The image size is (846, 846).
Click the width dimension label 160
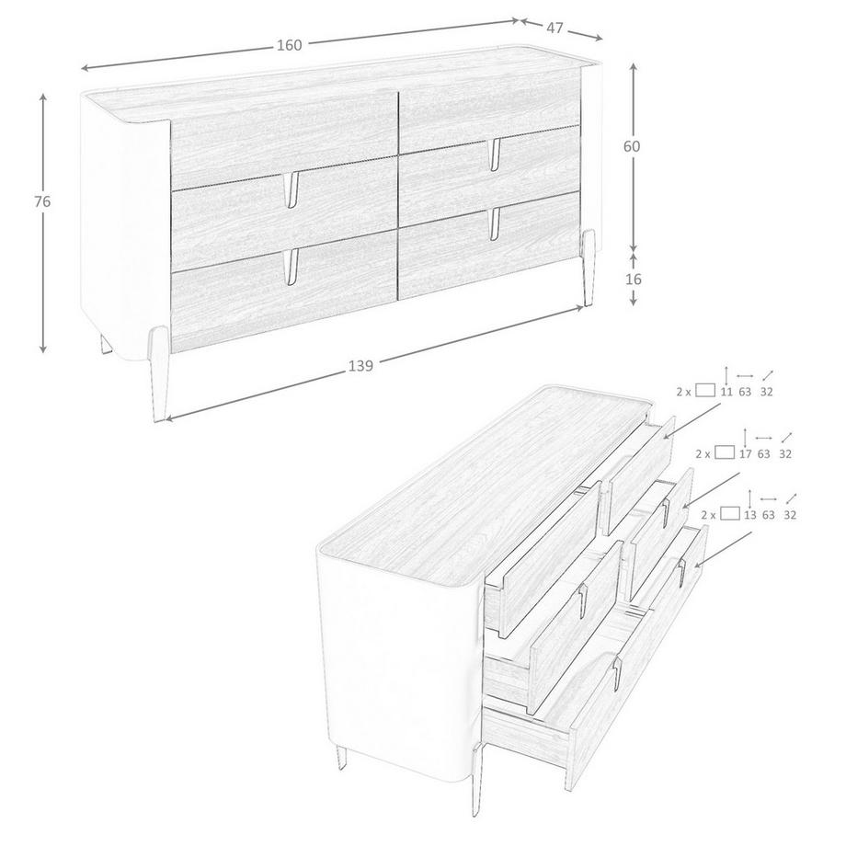pos(289,45)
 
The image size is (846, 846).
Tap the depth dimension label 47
pos(554,28)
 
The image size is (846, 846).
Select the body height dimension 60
pos(632,145)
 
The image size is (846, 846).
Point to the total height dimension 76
pos(41,201)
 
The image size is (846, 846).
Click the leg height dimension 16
pos(633,279)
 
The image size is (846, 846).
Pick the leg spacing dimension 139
pos(360,366)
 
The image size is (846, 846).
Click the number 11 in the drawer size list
pos(726,391)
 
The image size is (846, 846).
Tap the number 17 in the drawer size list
pos(744,453)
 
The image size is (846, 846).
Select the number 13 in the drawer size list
pos(749,515)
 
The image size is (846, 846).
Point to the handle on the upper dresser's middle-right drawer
pos(495,150)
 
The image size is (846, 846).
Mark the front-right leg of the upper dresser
pos(589,266)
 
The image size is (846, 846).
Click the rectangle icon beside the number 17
pos(725,452)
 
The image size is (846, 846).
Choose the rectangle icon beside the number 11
pos(705,390)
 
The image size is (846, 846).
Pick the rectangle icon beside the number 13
pos(730,514)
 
